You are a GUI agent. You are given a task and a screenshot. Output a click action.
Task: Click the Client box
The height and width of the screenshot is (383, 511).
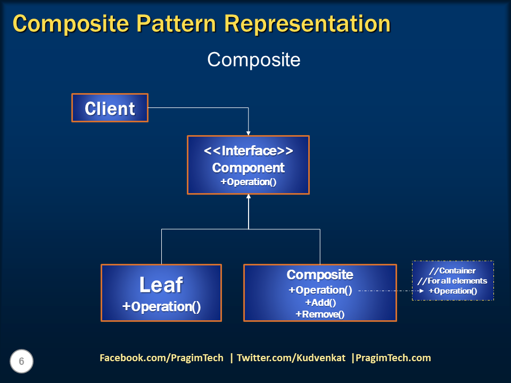point(110,109)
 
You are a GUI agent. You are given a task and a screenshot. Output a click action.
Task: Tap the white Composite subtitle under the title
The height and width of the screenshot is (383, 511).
point(253,60)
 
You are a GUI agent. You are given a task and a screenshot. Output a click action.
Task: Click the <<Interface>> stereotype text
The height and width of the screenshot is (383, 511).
point(248,151)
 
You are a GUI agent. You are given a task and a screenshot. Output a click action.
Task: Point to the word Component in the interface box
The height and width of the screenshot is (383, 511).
point(248,168)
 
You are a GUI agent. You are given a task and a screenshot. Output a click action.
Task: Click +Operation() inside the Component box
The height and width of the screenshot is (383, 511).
point(248,182)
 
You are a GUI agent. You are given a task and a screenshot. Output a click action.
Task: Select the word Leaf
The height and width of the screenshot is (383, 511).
point(161,285)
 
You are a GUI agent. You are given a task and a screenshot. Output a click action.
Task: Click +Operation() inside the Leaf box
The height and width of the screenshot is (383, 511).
point(161,307)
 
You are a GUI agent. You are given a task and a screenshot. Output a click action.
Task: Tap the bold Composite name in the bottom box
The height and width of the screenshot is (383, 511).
point(319,275)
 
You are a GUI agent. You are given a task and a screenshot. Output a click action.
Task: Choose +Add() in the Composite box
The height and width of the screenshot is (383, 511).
point(320,303)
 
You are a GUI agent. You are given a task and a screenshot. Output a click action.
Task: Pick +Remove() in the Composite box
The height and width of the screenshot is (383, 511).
point(320,314)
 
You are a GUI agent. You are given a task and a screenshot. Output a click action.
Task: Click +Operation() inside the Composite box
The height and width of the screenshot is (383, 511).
point(320,290)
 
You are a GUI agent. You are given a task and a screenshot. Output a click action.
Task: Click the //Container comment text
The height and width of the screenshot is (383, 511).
point(452,271)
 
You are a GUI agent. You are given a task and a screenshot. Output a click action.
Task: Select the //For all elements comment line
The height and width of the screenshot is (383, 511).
point(452,281)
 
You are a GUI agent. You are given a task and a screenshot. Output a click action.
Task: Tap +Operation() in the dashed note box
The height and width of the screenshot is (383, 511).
point(452,291)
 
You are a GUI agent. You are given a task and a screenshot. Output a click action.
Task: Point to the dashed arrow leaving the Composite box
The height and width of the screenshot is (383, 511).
point(389,291)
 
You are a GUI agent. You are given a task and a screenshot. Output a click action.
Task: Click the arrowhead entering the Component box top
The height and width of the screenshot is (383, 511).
point(248,132)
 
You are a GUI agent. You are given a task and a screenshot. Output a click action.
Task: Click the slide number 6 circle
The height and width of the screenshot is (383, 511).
point(21,362)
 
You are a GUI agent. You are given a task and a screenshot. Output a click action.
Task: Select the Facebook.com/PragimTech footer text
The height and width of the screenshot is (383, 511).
point(161,358)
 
